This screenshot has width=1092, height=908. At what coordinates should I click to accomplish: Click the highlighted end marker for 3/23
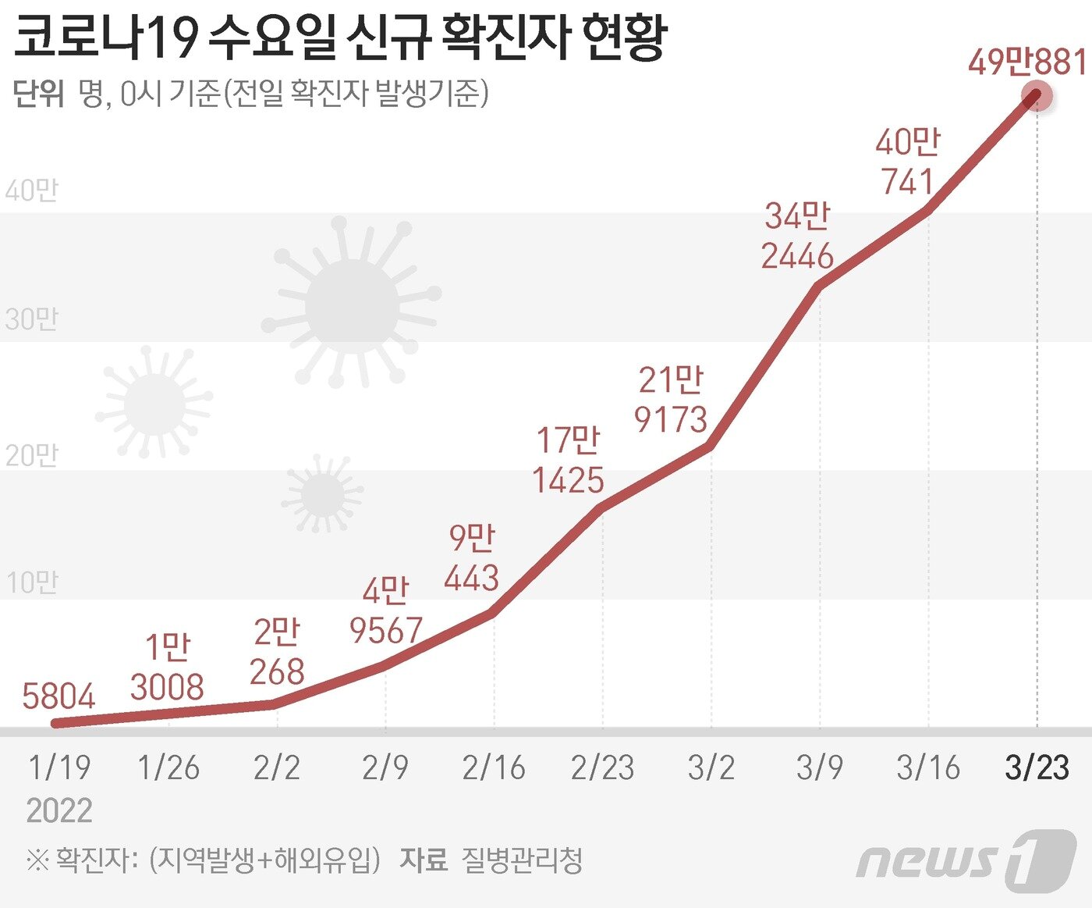pos(1037,97)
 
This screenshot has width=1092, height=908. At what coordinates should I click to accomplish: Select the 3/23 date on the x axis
pos(1037,768)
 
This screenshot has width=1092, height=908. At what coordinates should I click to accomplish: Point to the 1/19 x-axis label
pos(59,768)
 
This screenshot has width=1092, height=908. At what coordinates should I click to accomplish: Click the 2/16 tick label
pos(494,768)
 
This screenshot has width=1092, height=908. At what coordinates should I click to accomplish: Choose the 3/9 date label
pos(820,768)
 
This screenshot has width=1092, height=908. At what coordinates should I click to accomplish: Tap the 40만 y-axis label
pos(31,191)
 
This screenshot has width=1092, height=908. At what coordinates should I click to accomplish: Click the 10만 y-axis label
pos(31,583)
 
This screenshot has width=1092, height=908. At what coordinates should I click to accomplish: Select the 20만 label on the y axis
pos(31,455)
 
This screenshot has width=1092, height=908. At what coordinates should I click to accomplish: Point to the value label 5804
pos(58,696)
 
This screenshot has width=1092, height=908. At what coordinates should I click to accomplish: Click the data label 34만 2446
pos(797,236)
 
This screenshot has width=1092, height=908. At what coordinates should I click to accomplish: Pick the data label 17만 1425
pos(568,461)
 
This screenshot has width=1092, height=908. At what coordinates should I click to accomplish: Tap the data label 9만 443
pos(471,558)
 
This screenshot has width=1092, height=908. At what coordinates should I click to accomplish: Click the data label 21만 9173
pos(671,400)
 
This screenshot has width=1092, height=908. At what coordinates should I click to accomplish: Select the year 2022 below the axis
pos(59,811)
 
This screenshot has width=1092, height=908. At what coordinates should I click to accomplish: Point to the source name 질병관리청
pos(522,860)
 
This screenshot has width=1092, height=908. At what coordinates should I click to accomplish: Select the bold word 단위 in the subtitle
pos(39,94)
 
